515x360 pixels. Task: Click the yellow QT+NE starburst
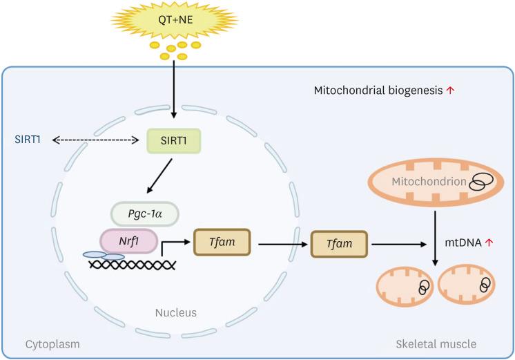click(x=175, y=20)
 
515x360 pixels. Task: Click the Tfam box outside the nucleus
click(x=338, y=243)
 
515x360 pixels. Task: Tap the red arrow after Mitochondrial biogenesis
click(x=450, y=91)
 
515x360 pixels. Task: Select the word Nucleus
click(x=177, y=313)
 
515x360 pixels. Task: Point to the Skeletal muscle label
click(x=436, y=343)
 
